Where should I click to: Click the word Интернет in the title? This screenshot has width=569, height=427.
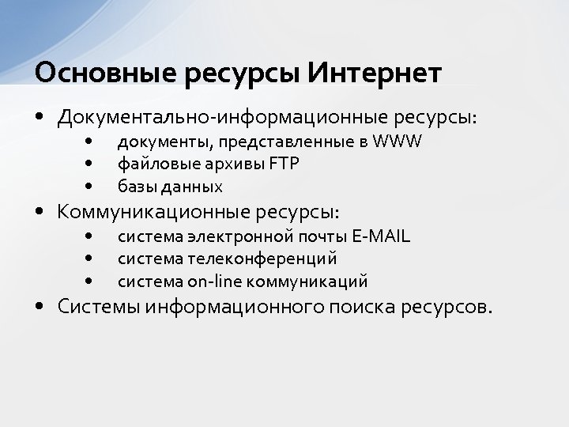point(374,73)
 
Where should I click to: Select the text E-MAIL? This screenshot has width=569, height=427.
point(382,236)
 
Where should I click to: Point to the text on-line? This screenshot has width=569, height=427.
point(215,282)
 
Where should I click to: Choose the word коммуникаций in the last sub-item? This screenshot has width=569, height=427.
point(307,282)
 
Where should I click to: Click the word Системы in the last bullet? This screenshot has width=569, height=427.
point(99,306)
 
